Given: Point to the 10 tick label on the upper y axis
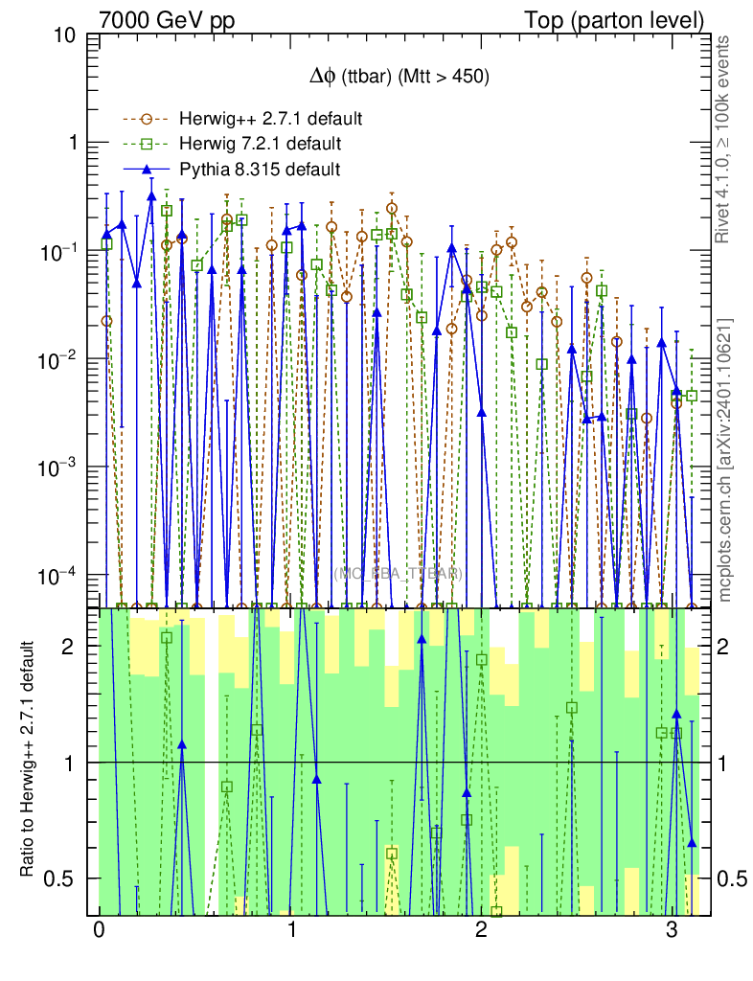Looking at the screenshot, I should pyautogui.click(x=66, y=36).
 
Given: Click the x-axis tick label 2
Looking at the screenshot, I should pyautogui.click(x=481, y=930).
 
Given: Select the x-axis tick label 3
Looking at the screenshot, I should pyautogui.click(x=672, y=930).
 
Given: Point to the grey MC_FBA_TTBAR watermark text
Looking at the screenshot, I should pyautogui.click(x=397, y=574).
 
